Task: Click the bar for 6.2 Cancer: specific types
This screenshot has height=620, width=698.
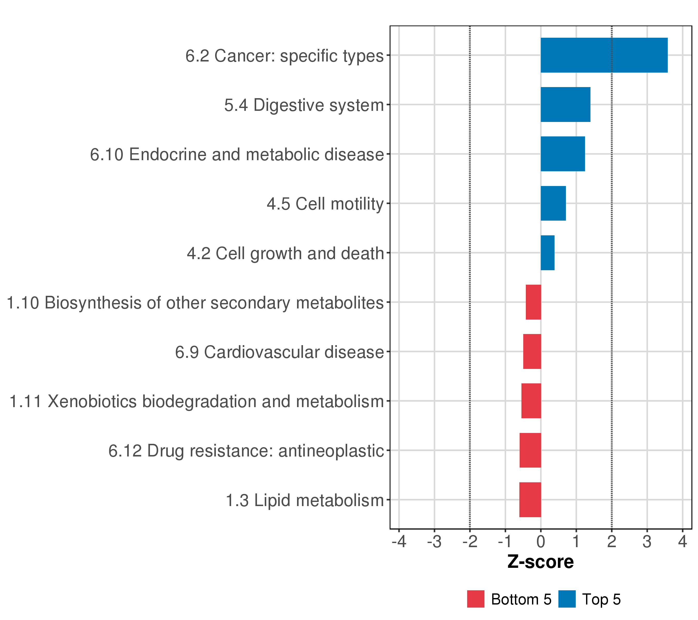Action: pos(604,55)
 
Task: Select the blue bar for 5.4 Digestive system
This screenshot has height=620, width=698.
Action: pos(565,104)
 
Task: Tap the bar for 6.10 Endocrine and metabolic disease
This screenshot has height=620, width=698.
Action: pos(563,154)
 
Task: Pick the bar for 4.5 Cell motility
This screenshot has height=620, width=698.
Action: pos(553,203)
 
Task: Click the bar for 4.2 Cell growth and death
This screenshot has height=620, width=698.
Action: pos(547,253)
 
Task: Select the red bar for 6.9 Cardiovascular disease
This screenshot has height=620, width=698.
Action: pos(532,351)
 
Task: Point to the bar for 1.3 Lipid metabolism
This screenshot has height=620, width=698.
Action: pos(530,500)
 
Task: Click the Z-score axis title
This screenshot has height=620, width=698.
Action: pos(541,562)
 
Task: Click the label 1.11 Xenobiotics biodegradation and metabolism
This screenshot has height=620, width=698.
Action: pos(197,401)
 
